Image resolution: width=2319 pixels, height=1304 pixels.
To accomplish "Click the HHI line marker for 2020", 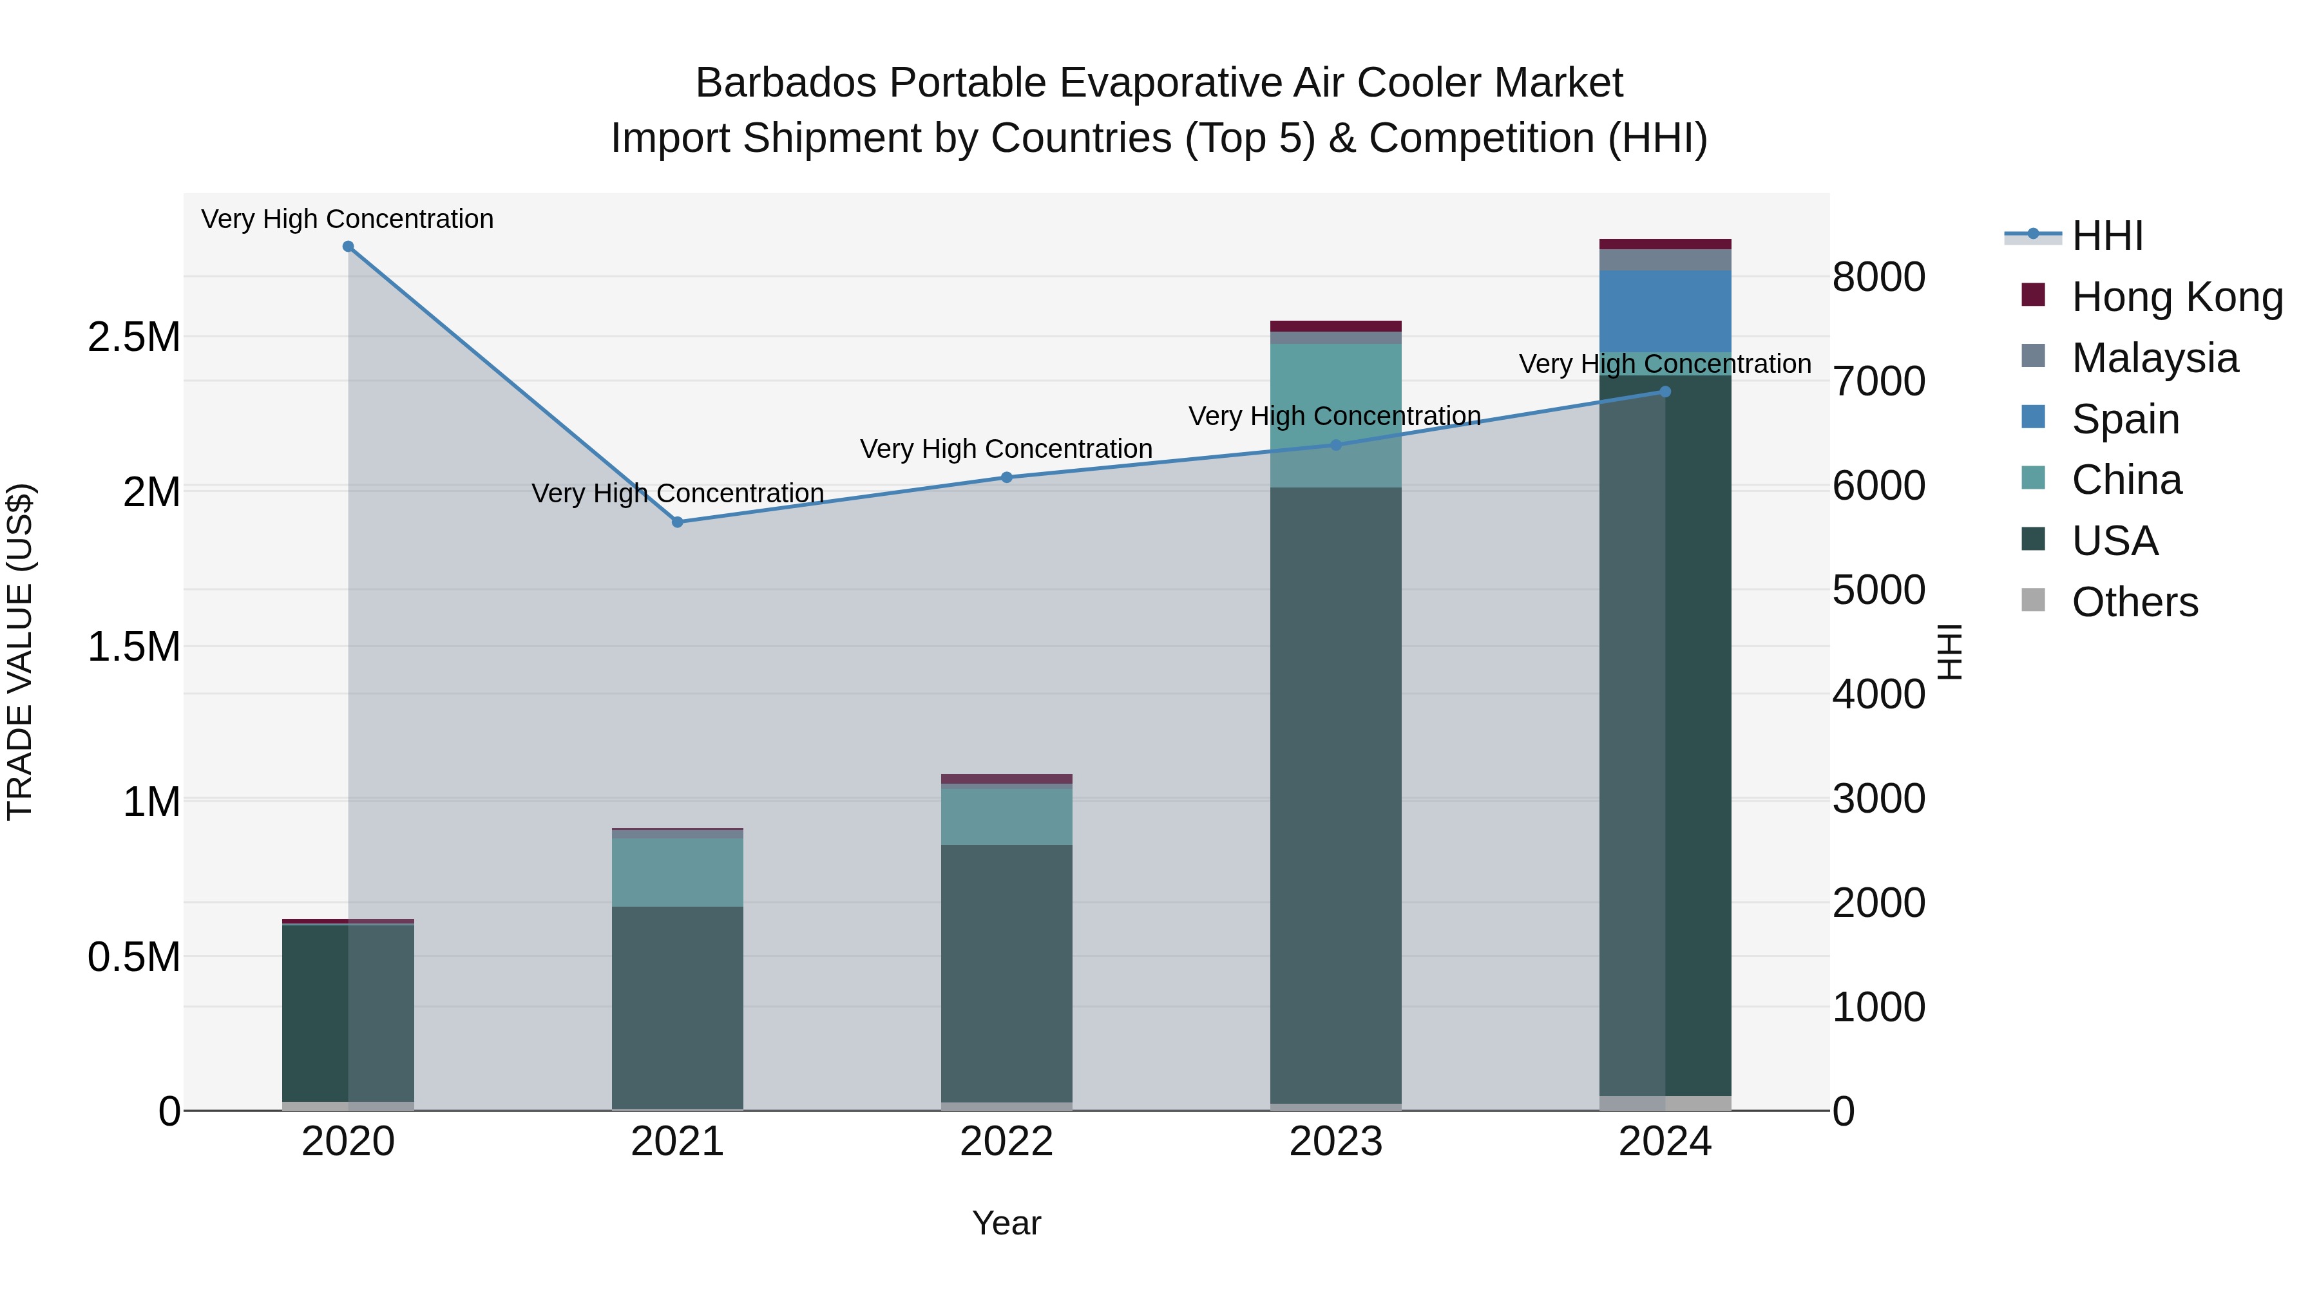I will pyautogui.click(x=348, y=247).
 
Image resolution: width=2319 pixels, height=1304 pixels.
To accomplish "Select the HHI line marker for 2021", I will pyautogui.click(x=678, y=522).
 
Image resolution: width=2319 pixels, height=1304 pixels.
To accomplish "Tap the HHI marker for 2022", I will pyautogui.click(x=1006, y=478).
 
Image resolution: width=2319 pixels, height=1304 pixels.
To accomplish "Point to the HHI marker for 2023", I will pyautogui.click(x=1336, y=444).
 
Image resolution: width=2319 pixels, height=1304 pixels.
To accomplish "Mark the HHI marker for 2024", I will pyautogui.click(x=1665, y=392).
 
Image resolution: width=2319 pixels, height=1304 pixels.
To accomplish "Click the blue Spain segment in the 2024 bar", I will pyautogui.click(x=1665, y=310).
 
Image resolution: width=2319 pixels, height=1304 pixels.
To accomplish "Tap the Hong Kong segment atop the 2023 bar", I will pyautogui.click(x=1336, y=326).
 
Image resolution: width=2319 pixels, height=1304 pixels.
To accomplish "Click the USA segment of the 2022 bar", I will pyautogui.click(x=1006, y=972).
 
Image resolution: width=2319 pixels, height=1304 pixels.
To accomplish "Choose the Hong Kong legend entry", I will pyautogui.click(x=2177, y=297).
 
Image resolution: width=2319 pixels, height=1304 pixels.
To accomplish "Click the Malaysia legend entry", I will pyautogui.click(x=2154, y=358).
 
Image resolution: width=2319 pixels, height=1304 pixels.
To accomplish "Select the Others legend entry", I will pyautogui.click(x=2135, y=602).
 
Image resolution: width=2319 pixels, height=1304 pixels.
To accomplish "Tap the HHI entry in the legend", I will pyautogui.click(x=2106, y=236).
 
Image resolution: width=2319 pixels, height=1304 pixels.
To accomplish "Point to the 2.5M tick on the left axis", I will pyautogui.click(x=133, y=337).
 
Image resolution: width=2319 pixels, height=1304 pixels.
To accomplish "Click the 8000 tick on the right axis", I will pyautogui.click(x=1879, y=277).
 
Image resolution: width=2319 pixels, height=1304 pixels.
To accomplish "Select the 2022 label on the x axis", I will pyautogui.click(x=1006, y=1142).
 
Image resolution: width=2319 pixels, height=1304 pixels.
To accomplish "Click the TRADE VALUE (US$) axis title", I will pyautogui.click(x=20, y=652).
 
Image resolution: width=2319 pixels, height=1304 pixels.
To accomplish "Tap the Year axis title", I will pyautogui.click(x=1006, y=1223).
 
